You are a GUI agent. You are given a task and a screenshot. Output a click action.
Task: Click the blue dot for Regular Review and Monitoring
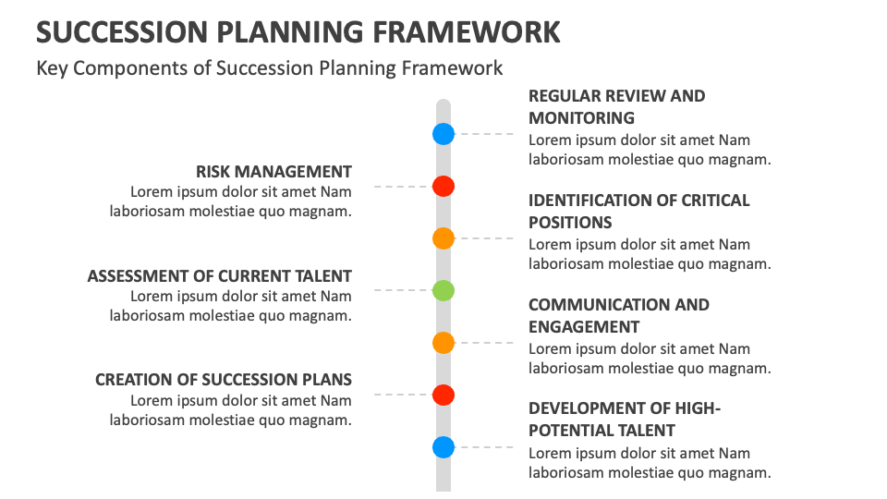coord(443,134)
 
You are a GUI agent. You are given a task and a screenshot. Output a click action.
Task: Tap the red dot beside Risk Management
coord(443,186)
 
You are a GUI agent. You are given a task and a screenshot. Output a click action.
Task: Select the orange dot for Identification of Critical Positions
coord(443,238)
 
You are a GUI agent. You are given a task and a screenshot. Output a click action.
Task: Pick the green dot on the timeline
coord(443,291)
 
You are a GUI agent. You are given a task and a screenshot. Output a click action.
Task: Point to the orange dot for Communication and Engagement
coord(443,343)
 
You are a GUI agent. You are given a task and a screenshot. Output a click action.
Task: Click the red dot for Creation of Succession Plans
coord(443,395)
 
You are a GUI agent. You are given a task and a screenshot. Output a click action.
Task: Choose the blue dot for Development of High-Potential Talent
coord(443,447)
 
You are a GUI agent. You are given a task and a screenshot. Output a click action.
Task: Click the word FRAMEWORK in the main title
coord(467,32)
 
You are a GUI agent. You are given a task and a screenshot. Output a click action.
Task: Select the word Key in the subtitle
coord(52,68)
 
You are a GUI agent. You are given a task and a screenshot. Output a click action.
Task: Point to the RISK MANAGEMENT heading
coord(273,172)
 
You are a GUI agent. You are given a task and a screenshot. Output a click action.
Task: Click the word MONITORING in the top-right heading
coord(581,117)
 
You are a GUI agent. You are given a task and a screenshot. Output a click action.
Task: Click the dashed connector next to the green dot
coord(402,290)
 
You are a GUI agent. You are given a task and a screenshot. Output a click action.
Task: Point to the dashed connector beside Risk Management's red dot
coord(402,186)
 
